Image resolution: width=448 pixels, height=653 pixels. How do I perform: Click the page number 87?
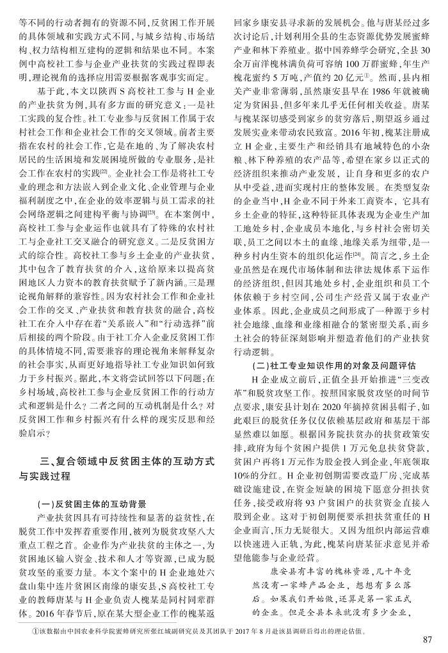(429, 640)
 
